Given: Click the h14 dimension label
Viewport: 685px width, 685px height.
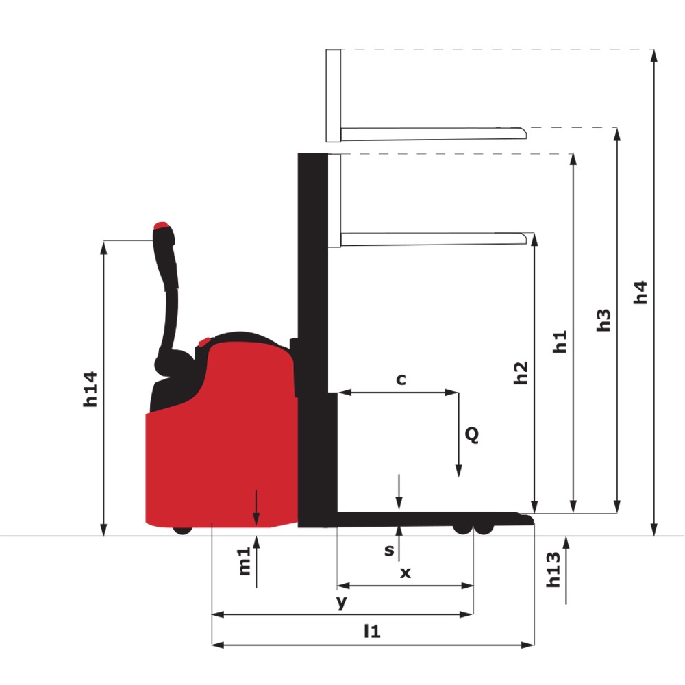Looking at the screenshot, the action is click(90, 389).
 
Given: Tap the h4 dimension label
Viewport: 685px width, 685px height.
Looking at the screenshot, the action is click(640, 292).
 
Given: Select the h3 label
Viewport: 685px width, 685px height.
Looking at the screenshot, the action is click(603, 320).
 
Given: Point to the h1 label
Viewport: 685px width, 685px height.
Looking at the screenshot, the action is click(560, 342).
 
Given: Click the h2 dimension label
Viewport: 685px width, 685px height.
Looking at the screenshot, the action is click(521, 373).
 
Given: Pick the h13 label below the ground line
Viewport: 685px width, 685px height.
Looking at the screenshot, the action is click(553, 570).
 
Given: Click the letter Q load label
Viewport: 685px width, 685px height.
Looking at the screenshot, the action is click(472, 435).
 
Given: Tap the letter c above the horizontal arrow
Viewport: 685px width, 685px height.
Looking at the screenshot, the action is click(401, 379).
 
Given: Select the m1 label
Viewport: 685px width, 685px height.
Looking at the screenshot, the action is click(245, 561).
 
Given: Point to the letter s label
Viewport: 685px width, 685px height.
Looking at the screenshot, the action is click(389, 551).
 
